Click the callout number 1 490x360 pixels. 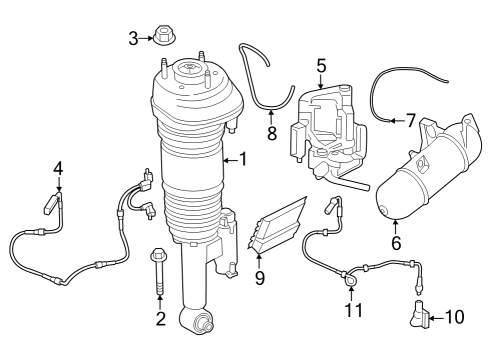pos(241,158)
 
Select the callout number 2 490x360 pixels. pos(159,319)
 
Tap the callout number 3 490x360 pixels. pos(133,39)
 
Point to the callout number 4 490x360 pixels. pos(58,167)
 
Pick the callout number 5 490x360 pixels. pos(321,66)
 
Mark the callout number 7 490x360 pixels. pos(410,120)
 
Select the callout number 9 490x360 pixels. pos(259,278)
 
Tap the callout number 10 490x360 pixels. pos(454,318)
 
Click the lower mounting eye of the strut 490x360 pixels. pos(195,322)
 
